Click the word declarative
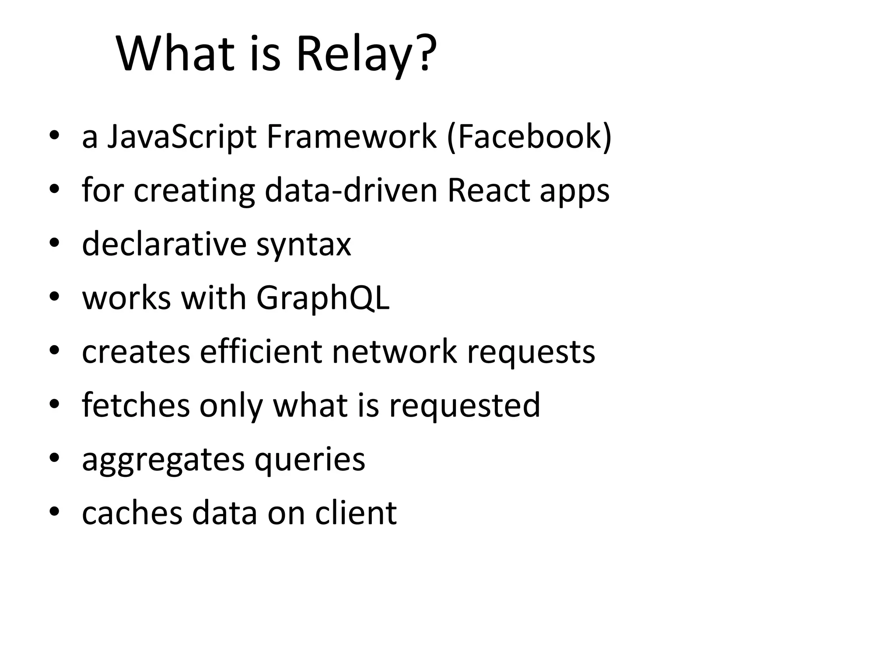pyautogui.click(x=164, y=244)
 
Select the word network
pyautogui.click(x=394, y=351)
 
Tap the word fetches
pyautogui.click(x=136, y=405)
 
